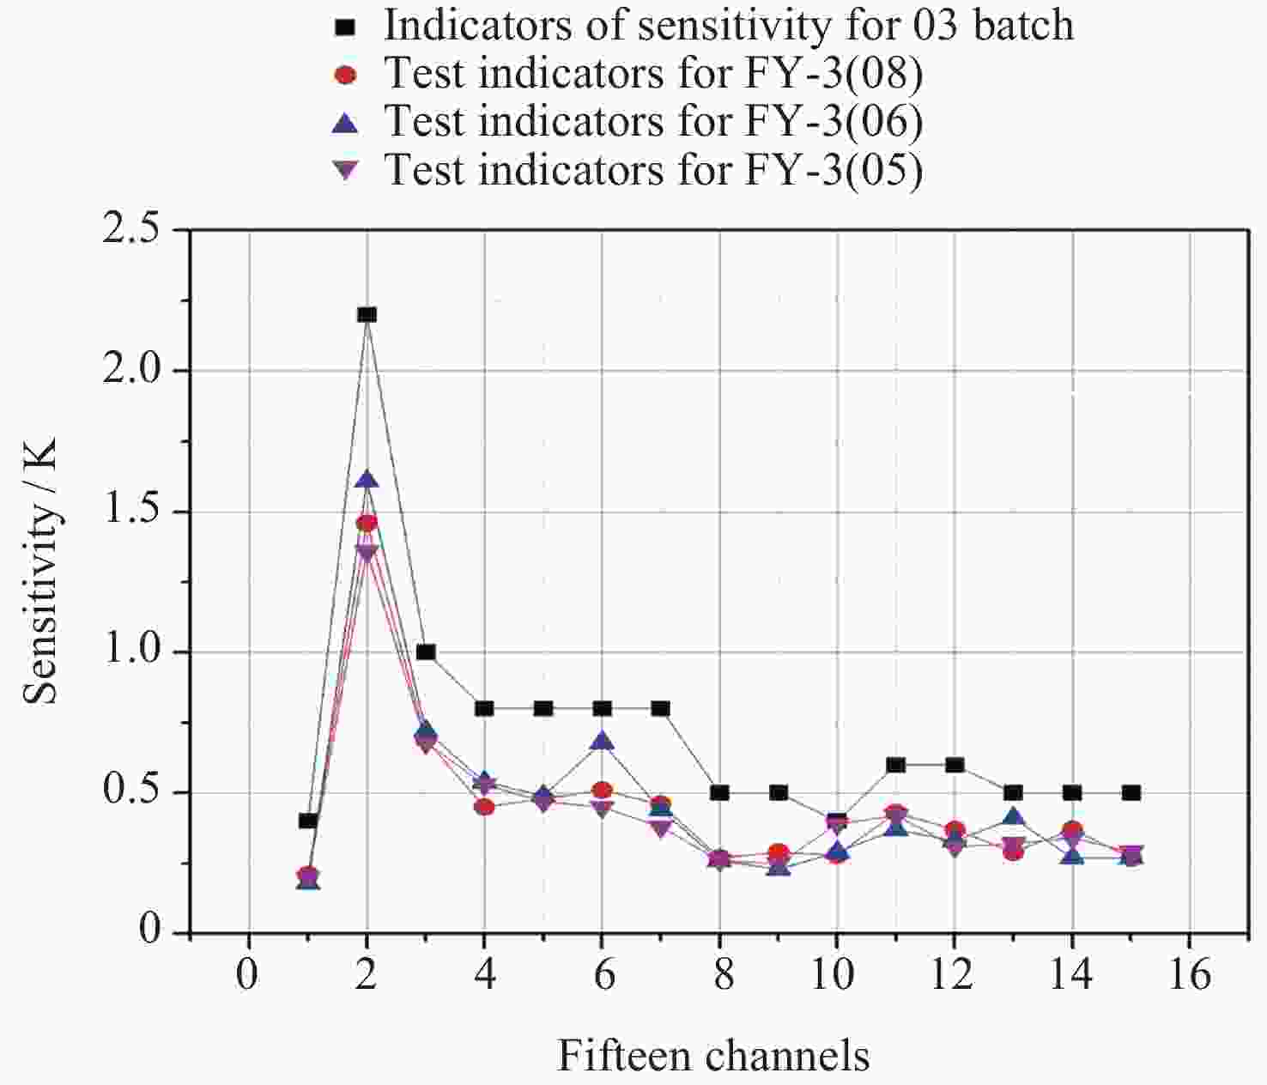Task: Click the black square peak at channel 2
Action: (x=367, y=314)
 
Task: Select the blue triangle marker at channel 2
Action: (x=367, y=479)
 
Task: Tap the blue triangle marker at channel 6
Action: (x=603, y=741)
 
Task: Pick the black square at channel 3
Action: (x=426, y=652)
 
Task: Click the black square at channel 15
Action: (x=1131, y=792)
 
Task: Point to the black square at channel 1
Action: (x=308, y=821)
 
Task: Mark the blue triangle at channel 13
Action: (x=1014, y=816)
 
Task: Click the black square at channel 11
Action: (x=896, y=765)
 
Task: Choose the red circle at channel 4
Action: (x=484, y=806)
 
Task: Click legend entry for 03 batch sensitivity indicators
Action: (x=728, y=26)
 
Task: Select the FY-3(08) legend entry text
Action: (x=653, y=74)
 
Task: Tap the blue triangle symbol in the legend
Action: (x=346, y=123)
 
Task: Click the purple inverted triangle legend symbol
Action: (x=346, y=172)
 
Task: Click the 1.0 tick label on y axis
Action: (x=131, y=651)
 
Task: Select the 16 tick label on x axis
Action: (x=1190, y=976)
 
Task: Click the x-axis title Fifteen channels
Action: (x=713, y=1055)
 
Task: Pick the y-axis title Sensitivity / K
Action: (x=39, y=571)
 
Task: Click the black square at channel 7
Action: (x=661, y=708)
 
